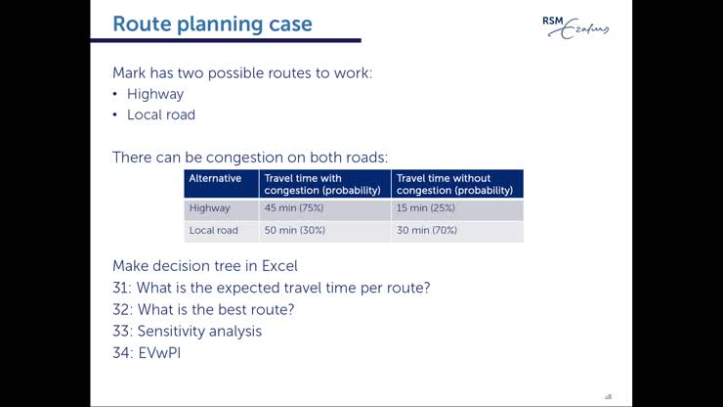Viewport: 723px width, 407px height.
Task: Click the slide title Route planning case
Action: pos(212,23)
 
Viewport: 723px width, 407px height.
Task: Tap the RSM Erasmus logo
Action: pos(574,26)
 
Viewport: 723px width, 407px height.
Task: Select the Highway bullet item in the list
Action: pos(155,94)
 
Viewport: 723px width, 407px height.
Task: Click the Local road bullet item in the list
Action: pos(161,114)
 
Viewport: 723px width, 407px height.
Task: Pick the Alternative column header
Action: pos(215,178)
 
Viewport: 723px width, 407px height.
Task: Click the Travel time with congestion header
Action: pos(322,184)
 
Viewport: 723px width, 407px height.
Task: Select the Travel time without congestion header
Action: pos(456,184)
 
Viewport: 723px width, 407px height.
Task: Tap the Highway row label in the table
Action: pos(209,208)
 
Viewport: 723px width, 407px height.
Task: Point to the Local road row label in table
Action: pos(213,231)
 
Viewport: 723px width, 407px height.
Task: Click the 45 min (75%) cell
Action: pos(295,208)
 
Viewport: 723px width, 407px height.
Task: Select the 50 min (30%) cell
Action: pos(295,231)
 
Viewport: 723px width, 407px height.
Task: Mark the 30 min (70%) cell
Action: pos(427,231)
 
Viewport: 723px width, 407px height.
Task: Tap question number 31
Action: pos(122,288)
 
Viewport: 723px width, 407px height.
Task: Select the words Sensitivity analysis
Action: pos(199,331)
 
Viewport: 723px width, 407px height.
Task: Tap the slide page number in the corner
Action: pos(608,396)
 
